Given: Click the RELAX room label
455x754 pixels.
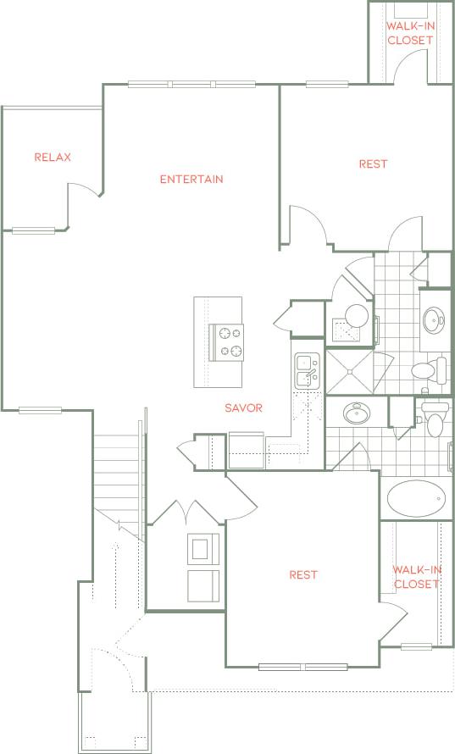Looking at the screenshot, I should click(x=53, y=158).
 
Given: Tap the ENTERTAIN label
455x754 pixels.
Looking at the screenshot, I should click(x=191, y=179).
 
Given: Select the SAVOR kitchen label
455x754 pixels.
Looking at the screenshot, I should click(x=243, y=407).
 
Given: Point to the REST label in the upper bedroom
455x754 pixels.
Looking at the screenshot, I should click(x=373, y=164).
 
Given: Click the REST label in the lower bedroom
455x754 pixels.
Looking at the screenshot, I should click(x=303, y=574).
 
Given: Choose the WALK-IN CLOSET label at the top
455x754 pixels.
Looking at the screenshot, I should click(x=410, y=33).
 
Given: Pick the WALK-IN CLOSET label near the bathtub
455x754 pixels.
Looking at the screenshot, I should click(x=415, y=577).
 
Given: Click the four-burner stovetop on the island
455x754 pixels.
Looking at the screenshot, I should click(x=226, y=342).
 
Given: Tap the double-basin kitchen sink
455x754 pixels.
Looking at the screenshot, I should click(x=306, y=370).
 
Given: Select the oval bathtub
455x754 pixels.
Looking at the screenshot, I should click(x=415, y=499).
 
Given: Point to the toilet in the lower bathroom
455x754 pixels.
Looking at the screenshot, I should click(x=434, y=419).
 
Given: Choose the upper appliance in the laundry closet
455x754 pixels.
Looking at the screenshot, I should click(x=203, y=548).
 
